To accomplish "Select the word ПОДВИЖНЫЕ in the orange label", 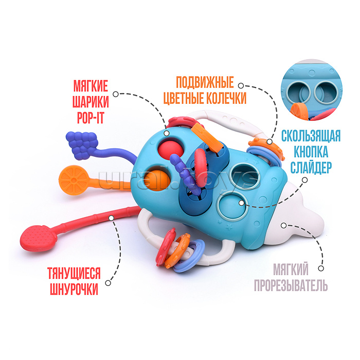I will pos(205,82).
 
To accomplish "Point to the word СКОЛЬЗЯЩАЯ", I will pos(311,137).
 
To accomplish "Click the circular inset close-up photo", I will pos(313,92).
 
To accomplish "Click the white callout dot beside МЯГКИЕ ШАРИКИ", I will pos(116,95).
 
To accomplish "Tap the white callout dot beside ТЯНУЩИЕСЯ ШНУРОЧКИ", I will pos(110,281).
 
